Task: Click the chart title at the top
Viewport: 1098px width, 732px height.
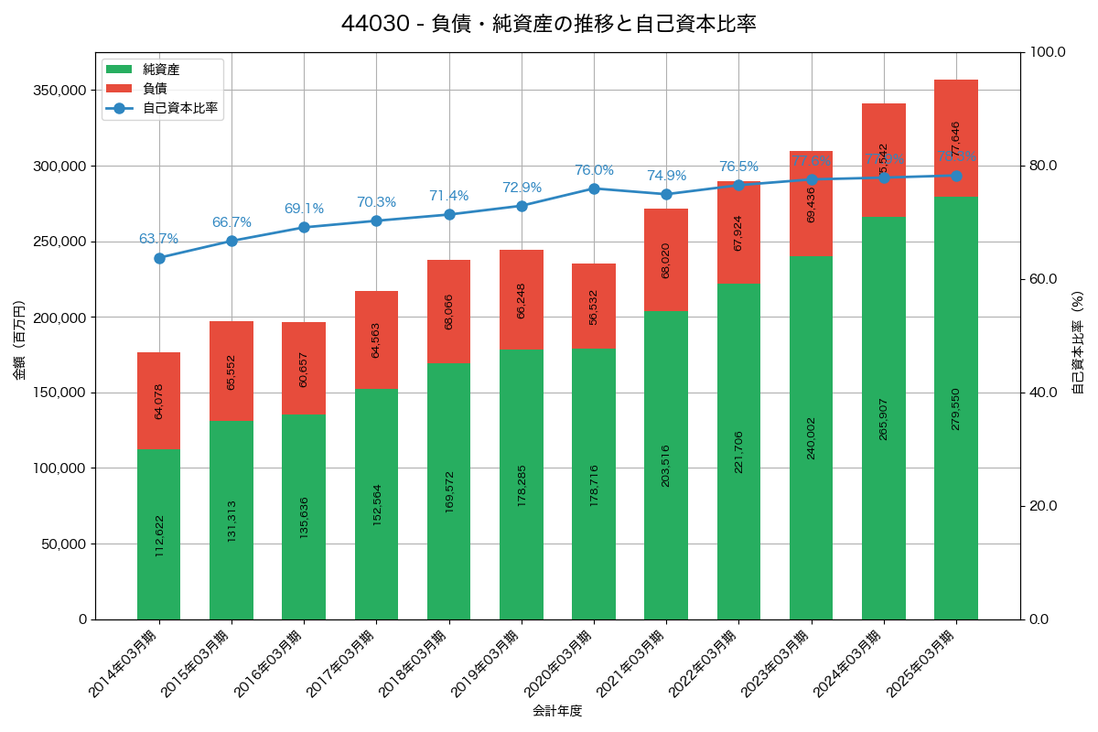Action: coord(548,24)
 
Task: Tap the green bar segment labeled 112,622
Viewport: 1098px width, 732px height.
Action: coord(159,534)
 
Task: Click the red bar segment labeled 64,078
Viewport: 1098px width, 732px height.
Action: coord(159,401)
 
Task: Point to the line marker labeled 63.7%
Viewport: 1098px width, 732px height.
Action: coord(159,258)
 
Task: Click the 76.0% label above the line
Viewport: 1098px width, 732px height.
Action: coord(594,171)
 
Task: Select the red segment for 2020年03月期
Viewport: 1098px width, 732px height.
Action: coord(594,306)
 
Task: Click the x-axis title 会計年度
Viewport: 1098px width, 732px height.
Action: coord(557,711)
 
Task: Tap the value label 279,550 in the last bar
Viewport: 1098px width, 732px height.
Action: coord(956,409)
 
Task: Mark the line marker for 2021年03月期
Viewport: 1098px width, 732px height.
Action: coord(666,194)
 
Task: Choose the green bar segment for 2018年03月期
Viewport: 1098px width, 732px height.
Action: coord(449,491)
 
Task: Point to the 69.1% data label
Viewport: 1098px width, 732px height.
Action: coord(304,209)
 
